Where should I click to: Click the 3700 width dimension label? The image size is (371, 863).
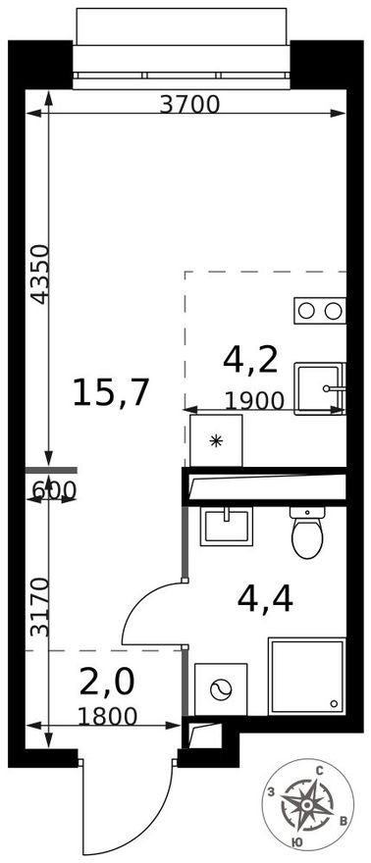pyautogui.click(x=189, y=104)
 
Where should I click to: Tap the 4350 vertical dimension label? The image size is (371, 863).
pyautogui.click(x=41, y=274)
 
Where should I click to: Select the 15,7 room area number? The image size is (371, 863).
pyautogui.click(x=111, y=393)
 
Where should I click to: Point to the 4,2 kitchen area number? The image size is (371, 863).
pyautogui.click(x=250, y=360)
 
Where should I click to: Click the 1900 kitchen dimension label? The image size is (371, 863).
pyautogui.click(x=254, y=401)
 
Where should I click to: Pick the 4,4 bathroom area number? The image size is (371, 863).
pyautogui.click(x=265, y=599)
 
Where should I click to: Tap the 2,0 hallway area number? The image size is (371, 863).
pyautogui.click(x=107, y=683)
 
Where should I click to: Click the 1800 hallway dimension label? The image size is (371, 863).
pyautogui.click(x=107, y=716)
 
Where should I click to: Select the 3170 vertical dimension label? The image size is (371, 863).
pyautogui.click(x=39, y=606)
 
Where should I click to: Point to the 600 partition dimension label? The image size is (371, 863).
pyautogui.click(x=53, y=489)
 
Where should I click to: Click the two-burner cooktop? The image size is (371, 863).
pyautogui.click(x=320, y=311)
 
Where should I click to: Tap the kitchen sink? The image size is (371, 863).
pyautogui.click(x=320, y=388)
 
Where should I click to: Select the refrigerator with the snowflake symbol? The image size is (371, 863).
pyautogui.click(x=216, y=440)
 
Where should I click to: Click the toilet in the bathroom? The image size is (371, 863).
pyautogui.click(x=307, y=533)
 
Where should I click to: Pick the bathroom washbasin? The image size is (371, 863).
pyautogui.click(x=227, y=527)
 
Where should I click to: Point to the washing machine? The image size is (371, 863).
pyautogui.click(x=221, y=689)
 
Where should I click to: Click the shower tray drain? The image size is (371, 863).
pyautogui.click(x=334, y=703)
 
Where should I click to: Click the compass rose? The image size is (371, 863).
pyautogui.click(x=308, y=805)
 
